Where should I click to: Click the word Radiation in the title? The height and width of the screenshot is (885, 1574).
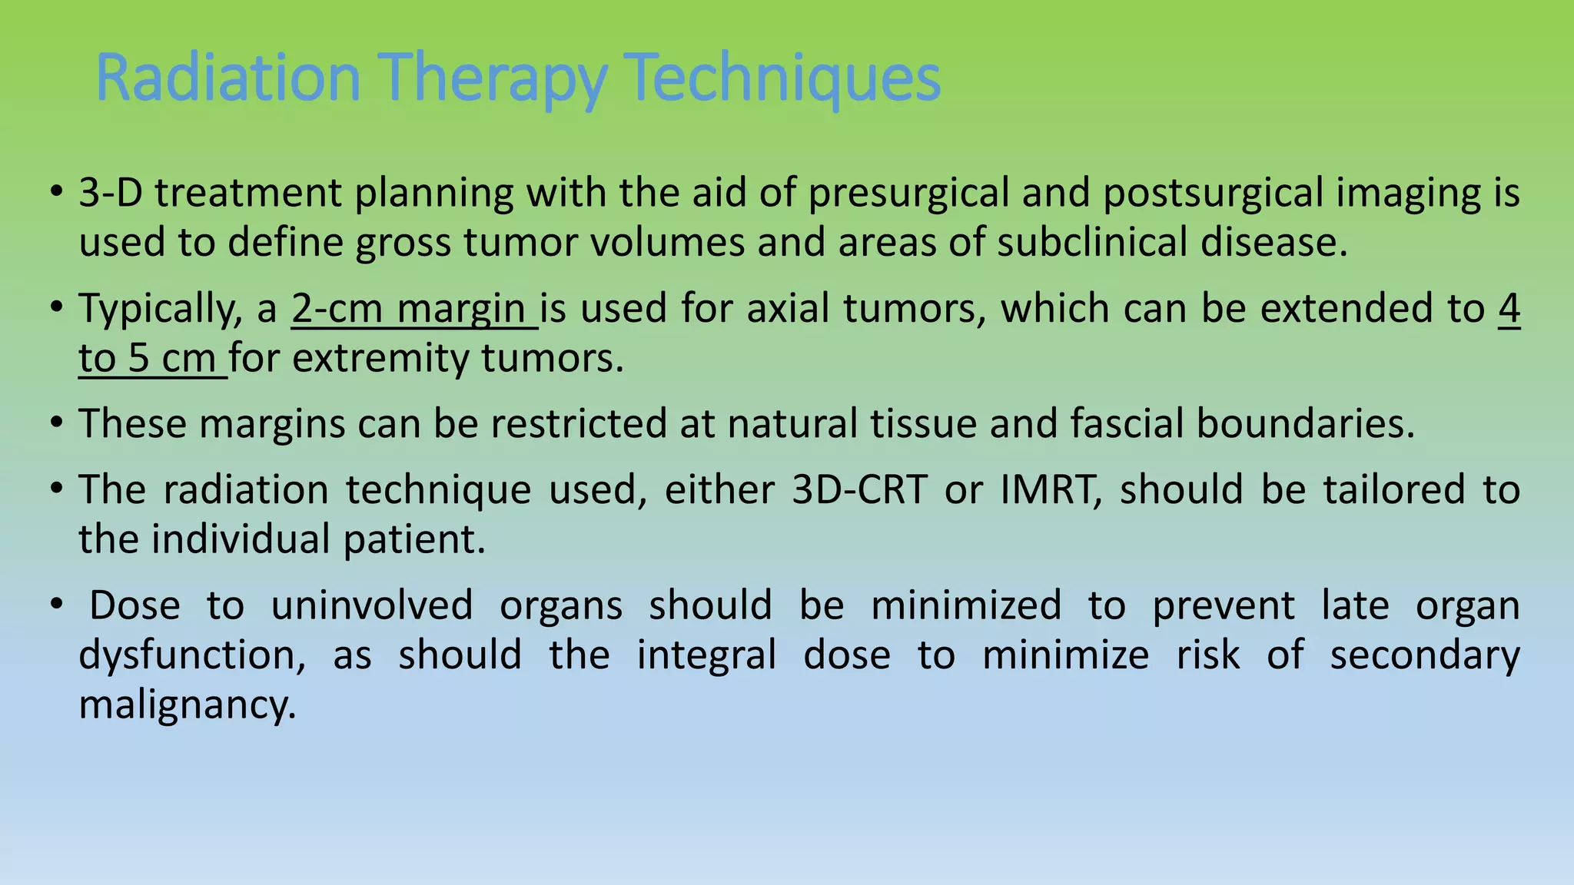(227, 77)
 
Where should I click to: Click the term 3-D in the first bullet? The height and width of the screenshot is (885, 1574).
(110, 192)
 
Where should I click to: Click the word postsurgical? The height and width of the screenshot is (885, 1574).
(1213, 194)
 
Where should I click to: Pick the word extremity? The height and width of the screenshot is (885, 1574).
(380, 359)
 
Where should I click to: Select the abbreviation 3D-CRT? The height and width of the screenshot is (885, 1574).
(859, 489)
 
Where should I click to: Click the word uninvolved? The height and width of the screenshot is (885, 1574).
(371, 605)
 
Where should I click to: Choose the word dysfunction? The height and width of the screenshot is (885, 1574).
(191, 655)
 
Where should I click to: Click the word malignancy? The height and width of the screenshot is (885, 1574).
(187, 706)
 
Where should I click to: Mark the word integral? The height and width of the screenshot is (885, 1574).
(706, 655)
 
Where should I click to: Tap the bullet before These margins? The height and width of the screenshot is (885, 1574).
(56, 423)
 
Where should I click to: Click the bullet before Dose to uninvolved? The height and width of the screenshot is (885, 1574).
(56, 605)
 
